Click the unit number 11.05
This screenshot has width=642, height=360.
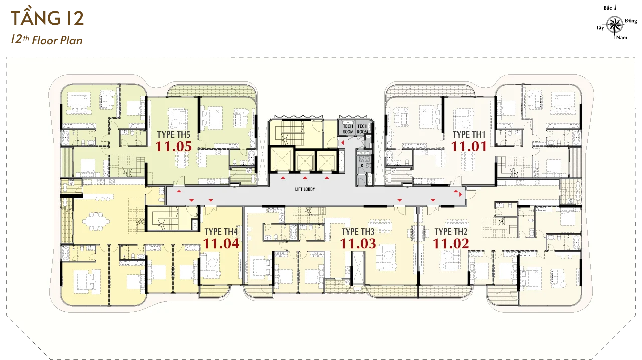174,147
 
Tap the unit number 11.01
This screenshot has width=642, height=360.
469,147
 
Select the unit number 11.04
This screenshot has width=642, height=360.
221,244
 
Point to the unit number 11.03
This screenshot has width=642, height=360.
358,244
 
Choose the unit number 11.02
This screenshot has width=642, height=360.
451,244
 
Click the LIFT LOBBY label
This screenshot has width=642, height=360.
305,189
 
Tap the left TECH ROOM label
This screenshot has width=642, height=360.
348,129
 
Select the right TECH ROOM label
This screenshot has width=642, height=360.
362,129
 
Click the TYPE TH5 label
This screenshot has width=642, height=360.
174,135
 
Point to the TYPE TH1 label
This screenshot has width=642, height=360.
469,135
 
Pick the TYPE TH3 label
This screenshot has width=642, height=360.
358,232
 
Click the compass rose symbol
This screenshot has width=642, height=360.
615,25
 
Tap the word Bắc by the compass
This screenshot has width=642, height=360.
607,8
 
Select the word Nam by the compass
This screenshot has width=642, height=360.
622,38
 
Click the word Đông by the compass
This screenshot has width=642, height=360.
631,21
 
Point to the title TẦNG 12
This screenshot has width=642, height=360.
47,18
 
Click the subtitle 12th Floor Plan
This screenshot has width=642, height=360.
47,40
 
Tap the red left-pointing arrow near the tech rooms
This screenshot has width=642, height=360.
342,142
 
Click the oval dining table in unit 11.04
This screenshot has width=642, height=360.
96,221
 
